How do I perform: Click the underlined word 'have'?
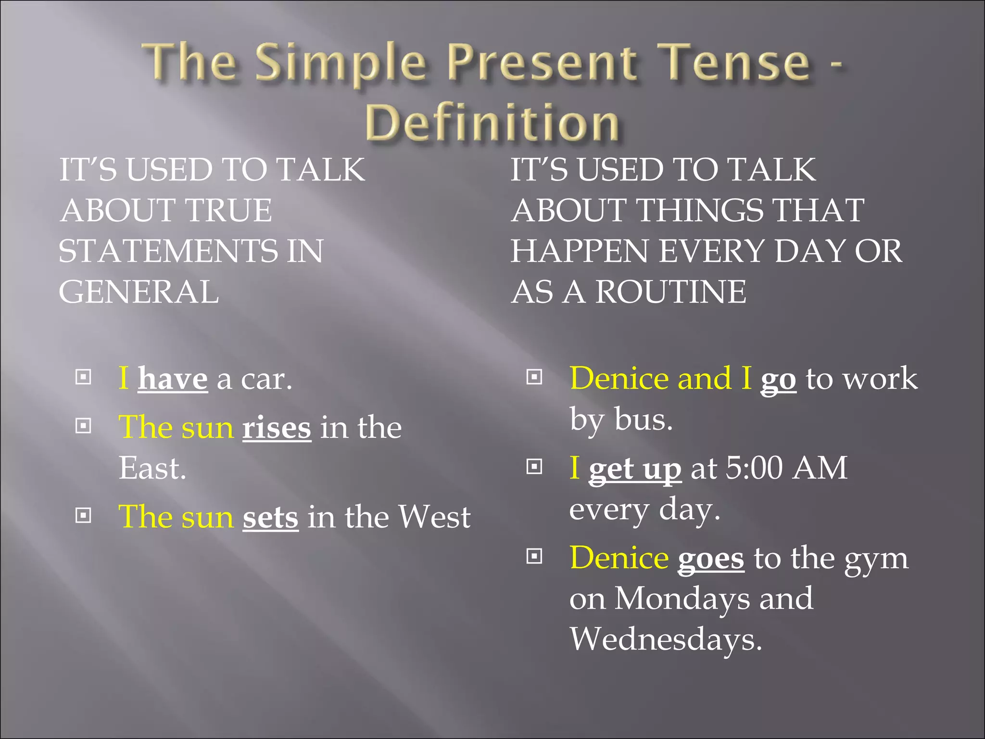tap(173, 379)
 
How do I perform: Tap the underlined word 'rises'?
tap(277, 427)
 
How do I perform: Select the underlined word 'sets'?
tap(270, 517)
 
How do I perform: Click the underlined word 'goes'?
tap(711, 559)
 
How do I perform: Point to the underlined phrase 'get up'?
tap(635, 469)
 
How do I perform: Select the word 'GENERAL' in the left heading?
tap(139, 292)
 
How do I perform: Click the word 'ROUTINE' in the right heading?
tap(671, 292)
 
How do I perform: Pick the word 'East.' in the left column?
tap(152, 468)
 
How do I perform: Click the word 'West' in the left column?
tap(435, 517)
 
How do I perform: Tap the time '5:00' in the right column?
tap(754, 468)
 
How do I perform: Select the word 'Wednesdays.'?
tap(666, 639)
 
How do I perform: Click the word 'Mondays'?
tap(682, 599)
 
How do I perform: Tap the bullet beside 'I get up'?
tap(534, 466)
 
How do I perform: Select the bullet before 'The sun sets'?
tap(84, 516)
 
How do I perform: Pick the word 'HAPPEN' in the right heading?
tap(580, 251)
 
